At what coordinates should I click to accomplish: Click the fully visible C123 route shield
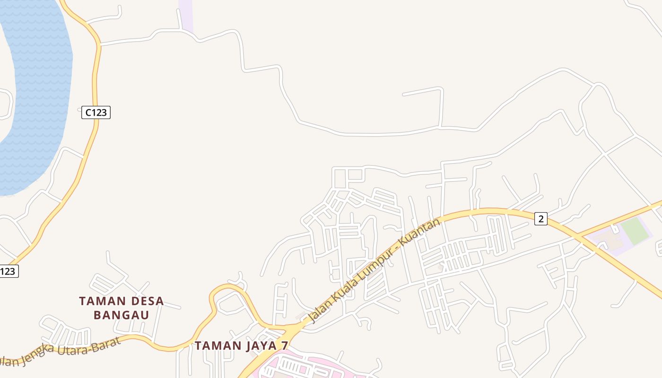coord(96,112)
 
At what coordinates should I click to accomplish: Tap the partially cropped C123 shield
coord(8,271)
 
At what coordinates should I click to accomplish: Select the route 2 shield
coord(541,219)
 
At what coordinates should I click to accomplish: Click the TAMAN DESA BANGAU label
coord(121,308)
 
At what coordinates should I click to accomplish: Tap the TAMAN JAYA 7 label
coord(241,345)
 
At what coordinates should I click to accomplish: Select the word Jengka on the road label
coord(39,354)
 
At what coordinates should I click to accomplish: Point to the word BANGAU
coord(121,315)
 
